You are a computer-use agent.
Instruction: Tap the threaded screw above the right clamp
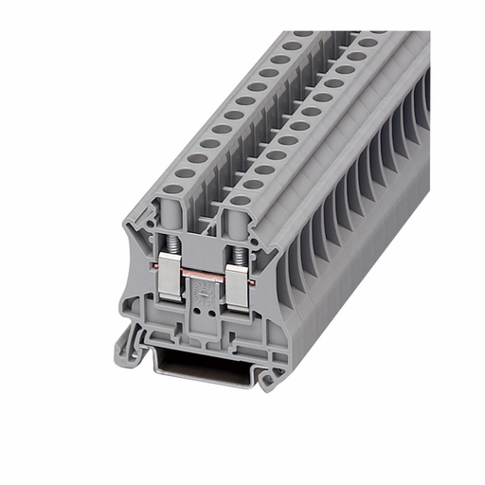pyautogui.click(x=237, y=255)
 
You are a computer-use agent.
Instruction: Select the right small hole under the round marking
pyautogui.click(x=207, y=309)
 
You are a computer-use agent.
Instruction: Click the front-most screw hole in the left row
pyautogui.click(x=171, y=189)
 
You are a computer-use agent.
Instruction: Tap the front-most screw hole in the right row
pyautogui.click(x=241, y=200)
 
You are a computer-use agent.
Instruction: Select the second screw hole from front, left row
pyautogui.click(x=186, y=173)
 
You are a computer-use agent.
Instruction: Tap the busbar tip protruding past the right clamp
pyautogui.click(x=255, y=281)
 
